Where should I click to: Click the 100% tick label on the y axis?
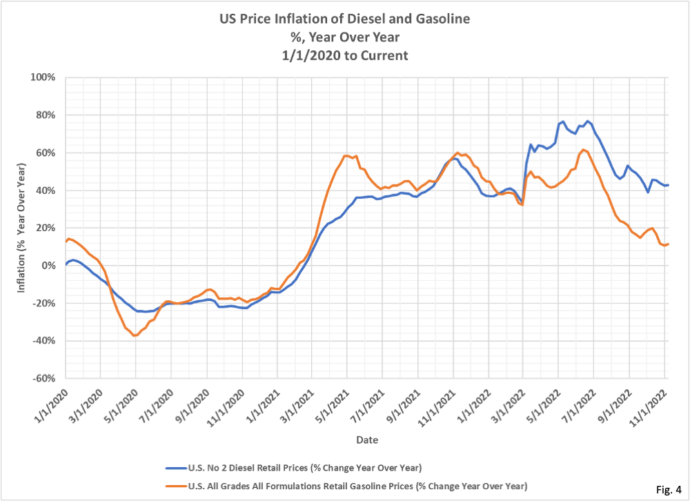click(x=41, y=77)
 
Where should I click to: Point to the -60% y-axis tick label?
click(x=41, y=379)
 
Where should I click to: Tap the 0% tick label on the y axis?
click(x=47, y=266)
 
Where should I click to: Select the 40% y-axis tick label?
click(x=43, y=190)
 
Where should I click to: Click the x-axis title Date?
click(x=366, y=440)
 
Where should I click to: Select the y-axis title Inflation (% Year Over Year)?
click(x=21, y=228)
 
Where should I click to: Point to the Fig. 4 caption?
click(x=665, y=490)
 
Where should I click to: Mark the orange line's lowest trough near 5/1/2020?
click(x=135, y=335)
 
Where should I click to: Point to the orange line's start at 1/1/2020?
click(x=66, y=242)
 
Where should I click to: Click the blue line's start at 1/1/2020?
click(x=66, y=264)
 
